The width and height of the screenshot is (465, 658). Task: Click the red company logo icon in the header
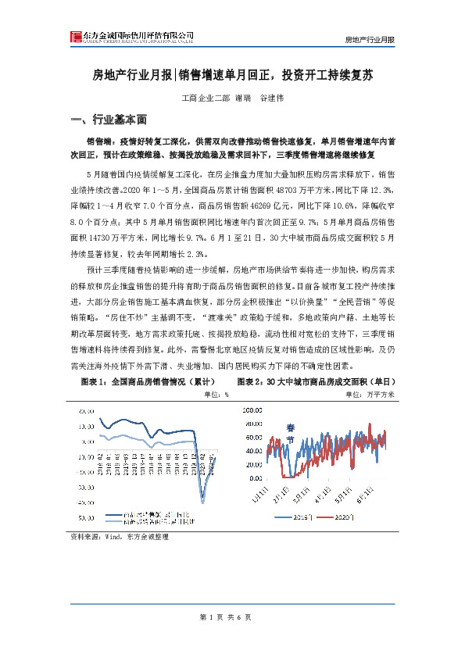click(76, 38)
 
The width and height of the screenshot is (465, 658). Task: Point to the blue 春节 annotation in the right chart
click(291, 434)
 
